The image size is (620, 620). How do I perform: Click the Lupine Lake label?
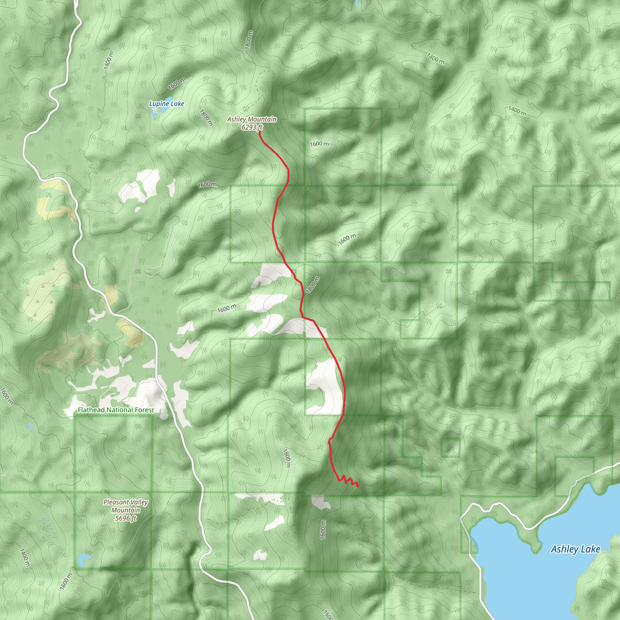pos(167,104)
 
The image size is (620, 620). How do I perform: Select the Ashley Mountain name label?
pos(252,119)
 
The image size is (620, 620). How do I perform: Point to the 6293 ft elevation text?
pos(252,127)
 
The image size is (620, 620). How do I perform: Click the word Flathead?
pos(91,410)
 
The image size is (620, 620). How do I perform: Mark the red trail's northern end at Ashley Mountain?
pos(259,132)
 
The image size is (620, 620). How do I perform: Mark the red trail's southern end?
pos(358,486)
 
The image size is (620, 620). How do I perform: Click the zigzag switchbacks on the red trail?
pos(347,481)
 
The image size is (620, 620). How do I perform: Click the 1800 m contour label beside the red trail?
pos(312,285)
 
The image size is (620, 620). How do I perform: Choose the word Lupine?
pos(159,104)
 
